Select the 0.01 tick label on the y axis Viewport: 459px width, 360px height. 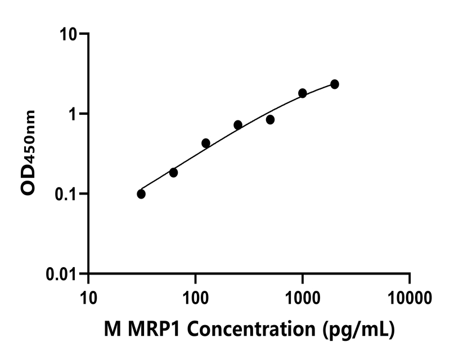(x=65, y=274)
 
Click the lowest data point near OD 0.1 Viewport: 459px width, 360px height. (x=141, y=194)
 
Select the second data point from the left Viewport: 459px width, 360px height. (x=173, y=173)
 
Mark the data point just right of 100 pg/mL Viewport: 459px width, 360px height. (x=206, y=143)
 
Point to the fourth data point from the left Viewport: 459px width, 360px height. (x=238, y=125)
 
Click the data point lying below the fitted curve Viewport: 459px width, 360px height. (x=270, y=120)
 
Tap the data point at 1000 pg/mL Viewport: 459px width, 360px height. (x=303, y=93)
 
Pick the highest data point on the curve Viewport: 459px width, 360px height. (x=335, y=84)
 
